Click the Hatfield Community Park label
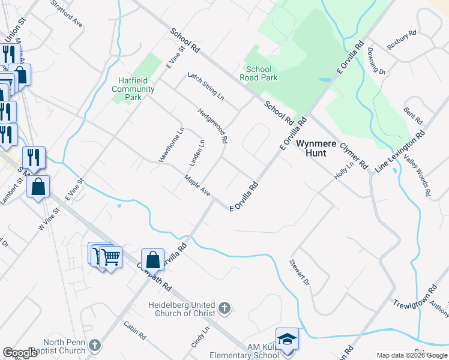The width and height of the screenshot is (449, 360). click(x=133, y=89)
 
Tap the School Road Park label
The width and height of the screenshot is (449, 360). click(x=258, y=73)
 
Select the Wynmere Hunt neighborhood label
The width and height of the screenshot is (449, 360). click(x=312, y=148)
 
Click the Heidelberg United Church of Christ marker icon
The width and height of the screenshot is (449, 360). click(x=224, y=308)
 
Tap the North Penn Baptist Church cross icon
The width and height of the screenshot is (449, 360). click(x=95, y=345)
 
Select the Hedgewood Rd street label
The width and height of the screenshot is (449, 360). click(x=213, y=125)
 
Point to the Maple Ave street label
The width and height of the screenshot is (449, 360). click(x=197, y=185)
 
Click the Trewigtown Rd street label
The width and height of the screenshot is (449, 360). click(x=414, y=297)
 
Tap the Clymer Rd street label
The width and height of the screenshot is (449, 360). click(x=354, y=155)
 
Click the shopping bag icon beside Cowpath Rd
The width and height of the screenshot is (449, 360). click(x=153, y=260)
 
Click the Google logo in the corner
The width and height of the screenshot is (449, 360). click(x=20, y=353)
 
